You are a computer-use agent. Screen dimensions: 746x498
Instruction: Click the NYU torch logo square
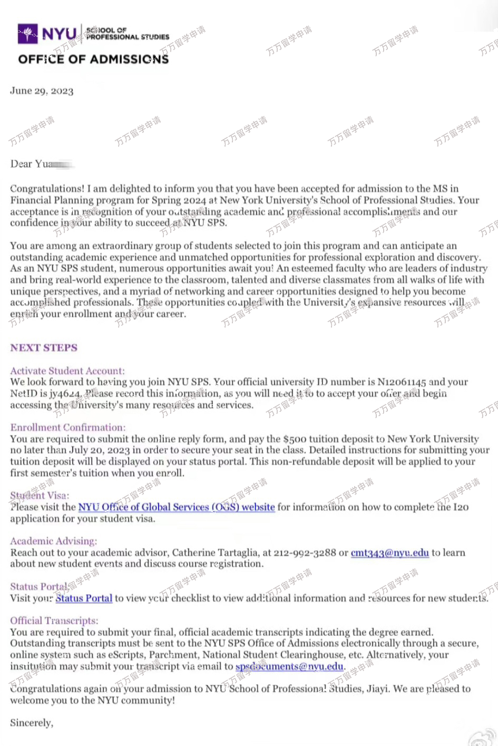[x=27, y=34]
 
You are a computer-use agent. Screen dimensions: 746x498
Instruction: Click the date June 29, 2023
[x=42, y=91]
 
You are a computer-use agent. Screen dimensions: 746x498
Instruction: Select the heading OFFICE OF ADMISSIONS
[x=93, y=59]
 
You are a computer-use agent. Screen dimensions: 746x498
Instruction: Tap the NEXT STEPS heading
[x=44, y=348]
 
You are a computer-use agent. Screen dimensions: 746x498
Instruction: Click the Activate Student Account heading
[x=67, y=371]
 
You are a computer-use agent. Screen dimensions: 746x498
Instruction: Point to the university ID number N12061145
[x=402, y=382]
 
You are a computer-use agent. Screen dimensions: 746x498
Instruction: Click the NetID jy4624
[x=65, y=393]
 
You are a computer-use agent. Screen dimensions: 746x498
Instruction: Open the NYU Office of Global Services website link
[x=177, y=507]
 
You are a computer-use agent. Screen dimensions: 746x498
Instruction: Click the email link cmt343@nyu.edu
[x=389, y=553]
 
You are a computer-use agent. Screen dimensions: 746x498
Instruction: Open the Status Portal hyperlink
[x=84, y=598]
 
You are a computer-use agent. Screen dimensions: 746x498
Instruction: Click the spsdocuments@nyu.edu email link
[x=289, y=666]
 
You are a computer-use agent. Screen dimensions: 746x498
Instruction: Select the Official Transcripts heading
[x=54, y=621]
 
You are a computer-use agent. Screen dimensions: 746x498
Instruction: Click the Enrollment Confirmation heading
[x=68, y=428]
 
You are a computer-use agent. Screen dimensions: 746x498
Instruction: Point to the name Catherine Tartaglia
[x=215, y=553]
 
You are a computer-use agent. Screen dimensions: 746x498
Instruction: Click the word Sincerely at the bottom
[x=32, y=723]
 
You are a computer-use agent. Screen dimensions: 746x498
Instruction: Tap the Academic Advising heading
[x=54, y=541]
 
